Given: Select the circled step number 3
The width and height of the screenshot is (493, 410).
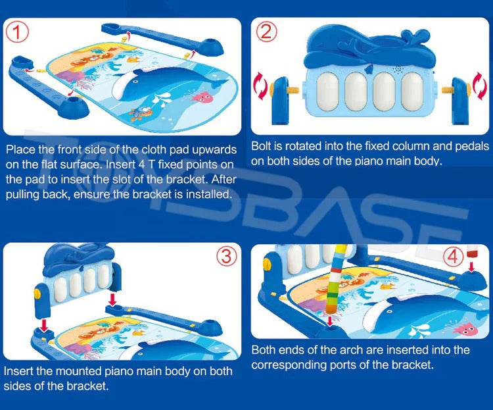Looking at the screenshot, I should [x=227, y=255].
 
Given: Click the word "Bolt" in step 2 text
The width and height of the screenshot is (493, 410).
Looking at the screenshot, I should [x=263, y=145].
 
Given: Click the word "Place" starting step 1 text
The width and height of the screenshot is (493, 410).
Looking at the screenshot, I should [x=20, y=149].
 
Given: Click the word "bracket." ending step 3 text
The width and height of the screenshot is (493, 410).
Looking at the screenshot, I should [x=88, y=386].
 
